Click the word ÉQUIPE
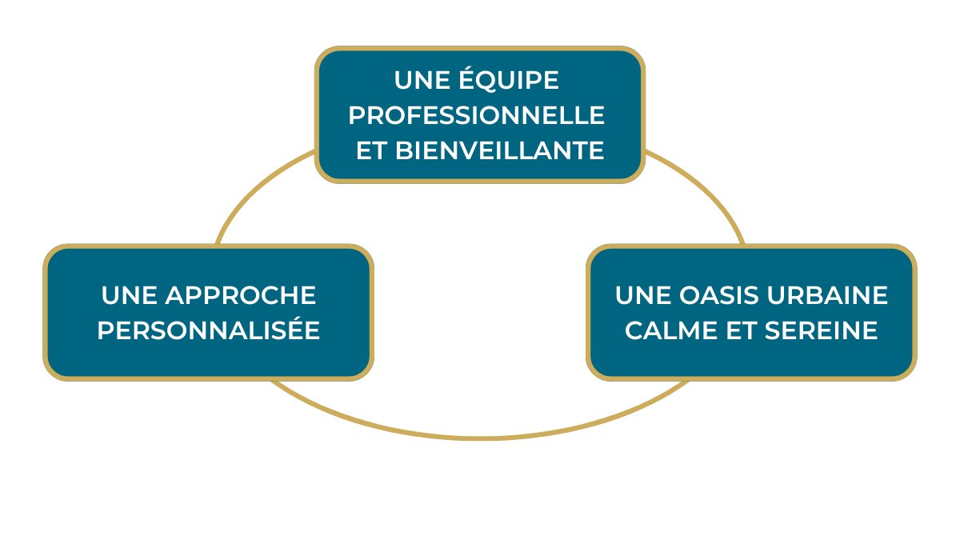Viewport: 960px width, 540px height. tap(509, 78)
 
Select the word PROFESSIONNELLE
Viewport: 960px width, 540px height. tap(477, 115)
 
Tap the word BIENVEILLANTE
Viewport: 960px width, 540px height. tap(499, 150)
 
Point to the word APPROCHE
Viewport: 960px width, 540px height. tap(241, 295)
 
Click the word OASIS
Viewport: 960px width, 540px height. tap(719, 295)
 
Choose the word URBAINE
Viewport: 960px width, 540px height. tap(827, 295)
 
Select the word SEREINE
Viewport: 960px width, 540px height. tap(821, 330)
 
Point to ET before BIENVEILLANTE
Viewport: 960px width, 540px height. tap(371, 150)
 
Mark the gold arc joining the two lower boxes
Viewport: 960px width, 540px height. tap(480, 438)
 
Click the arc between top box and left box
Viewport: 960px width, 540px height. tap(256, 189)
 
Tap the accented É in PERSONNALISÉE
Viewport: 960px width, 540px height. tap(291, 328)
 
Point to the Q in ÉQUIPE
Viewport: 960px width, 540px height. tap(491, 81)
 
